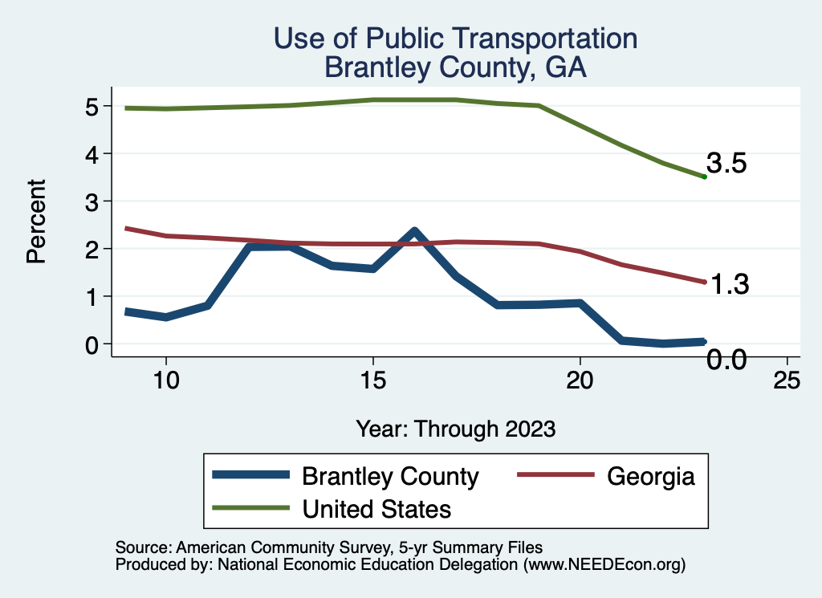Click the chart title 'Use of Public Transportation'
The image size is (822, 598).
click(455, 38)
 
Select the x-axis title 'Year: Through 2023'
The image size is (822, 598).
click(455, 429)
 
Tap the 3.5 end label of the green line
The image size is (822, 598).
click(727, 164)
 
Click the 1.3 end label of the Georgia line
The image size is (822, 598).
click(729, 284)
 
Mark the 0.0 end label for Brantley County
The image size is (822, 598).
click(727, 360)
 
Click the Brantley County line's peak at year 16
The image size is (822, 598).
click(413, 233)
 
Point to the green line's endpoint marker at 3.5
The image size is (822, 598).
click(704, 177)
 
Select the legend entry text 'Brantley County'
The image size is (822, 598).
click(390, 476)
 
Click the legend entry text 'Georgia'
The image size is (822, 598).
click(650, 476)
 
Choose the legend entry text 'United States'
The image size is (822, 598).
click(376, 509)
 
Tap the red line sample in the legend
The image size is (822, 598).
click(555, 476)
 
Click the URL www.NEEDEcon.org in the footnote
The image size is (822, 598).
click(604, 564)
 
